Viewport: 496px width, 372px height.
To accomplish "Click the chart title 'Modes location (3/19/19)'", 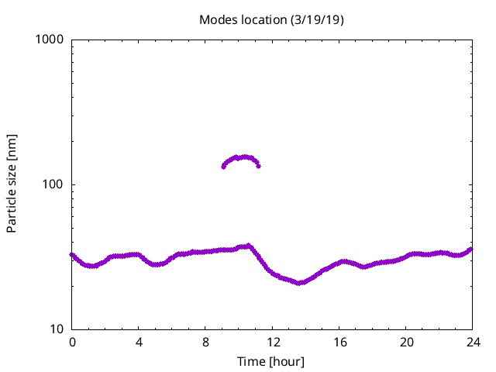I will pos(271,19).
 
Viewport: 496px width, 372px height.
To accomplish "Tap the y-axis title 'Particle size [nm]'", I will pos(12,184).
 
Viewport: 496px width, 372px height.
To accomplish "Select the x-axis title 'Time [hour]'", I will pos(271,362).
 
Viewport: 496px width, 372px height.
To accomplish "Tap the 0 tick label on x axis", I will pos(72,342).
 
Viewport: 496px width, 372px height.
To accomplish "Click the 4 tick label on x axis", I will pos(139,342).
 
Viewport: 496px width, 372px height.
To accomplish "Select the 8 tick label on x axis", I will pos(205,342).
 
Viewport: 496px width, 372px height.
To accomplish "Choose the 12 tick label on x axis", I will pos(272,342).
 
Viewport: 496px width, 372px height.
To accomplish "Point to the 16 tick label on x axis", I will pos(339,342).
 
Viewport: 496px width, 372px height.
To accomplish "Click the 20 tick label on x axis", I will pos(405,342).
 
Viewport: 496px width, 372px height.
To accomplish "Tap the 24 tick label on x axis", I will pos(472,342).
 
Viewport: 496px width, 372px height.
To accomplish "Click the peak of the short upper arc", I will pos(243,157).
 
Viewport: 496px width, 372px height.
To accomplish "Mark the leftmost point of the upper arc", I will pos(223,167).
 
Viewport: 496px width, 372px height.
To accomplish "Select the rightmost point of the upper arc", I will pos(258,166).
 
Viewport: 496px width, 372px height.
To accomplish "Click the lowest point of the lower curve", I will pos(299,283).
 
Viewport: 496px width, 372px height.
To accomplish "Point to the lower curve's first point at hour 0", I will pos(72,254).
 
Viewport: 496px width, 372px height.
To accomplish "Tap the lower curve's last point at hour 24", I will pos(471,249).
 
